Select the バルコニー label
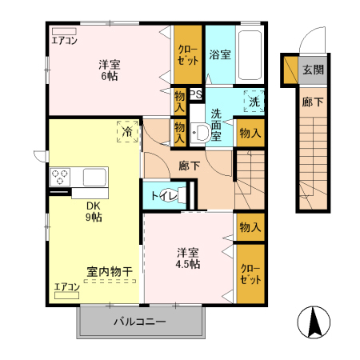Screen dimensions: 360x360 coord(138,322)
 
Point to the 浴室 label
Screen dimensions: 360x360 coord(220,55)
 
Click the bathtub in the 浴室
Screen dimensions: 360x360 coord(250,54)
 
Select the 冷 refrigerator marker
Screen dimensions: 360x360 coord(126,130)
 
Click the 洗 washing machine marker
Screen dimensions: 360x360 coord(254,102)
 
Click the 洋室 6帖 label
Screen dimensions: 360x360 coord(109,70)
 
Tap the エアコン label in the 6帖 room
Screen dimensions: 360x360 coord(65,39)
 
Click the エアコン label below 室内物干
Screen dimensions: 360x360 coord(67,286)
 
